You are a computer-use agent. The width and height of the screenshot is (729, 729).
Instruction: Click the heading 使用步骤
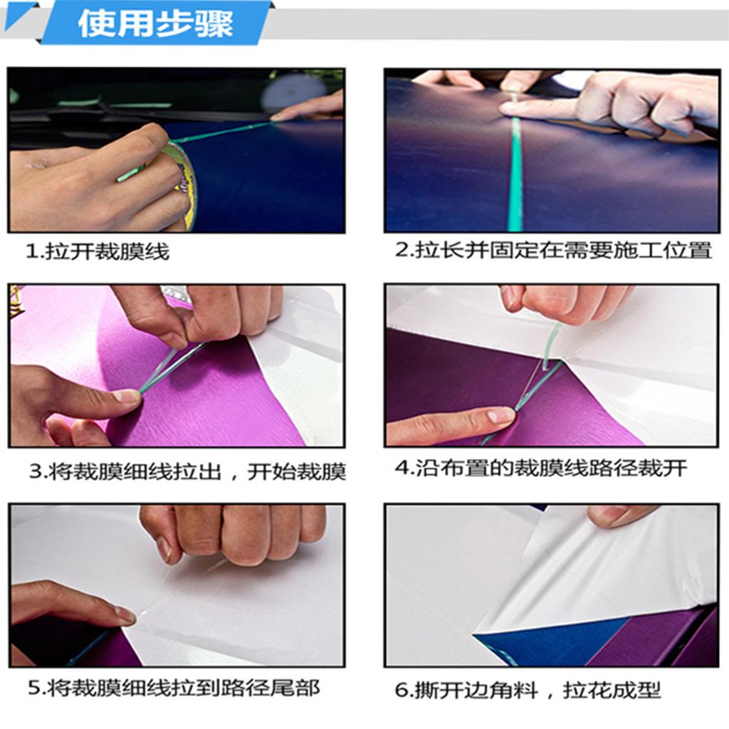point(155,23)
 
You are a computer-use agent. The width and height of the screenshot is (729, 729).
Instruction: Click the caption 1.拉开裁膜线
point(97,251)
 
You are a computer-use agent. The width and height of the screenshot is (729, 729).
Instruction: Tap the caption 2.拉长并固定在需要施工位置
point(553,250)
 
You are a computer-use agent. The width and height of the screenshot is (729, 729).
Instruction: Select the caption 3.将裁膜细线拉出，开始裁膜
point(187,471)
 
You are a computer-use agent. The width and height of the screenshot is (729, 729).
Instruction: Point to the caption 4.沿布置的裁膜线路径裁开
point(541,468)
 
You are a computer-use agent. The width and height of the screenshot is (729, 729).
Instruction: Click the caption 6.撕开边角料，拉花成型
point(528,690)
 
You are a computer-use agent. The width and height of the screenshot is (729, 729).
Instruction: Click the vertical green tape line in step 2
point(515,174)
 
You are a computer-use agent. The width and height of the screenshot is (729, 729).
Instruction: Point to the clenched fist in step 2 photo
point(646,105)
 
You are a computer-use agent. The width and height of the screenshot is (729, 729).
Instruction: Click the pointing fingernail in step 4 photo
point(500,414)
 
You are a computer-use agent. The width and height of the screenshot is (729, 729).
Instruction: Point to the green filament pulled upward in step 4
point(552,341)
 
